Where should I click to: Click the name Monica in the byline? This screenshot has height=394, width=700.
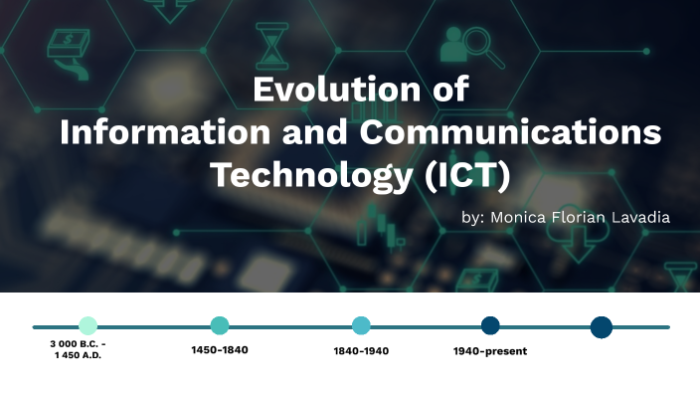(519, 217)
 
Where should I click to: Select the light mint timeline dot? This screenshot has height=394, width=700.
(87, 325)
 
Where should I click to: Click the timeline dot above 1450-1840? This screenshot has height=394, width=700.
(220, 325)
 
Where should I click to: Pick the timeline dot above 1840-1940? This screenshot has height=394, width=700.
(361, 325)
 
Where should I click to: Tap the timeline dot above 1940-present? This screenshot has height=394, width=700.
(490, 325)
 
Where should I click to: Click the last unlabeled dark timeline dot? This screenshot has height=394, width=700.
(601, 326)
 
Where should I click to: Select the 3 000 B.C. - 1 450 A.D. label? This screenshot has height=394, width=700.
(79, 349)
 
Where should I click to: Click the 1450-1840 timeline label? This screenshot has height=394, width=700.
(220, 349)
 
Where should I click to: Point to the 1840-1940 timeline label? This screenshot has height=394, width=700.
(361, 350)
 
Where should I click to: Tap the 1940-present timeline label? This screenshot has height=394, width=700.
(490, 350)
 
